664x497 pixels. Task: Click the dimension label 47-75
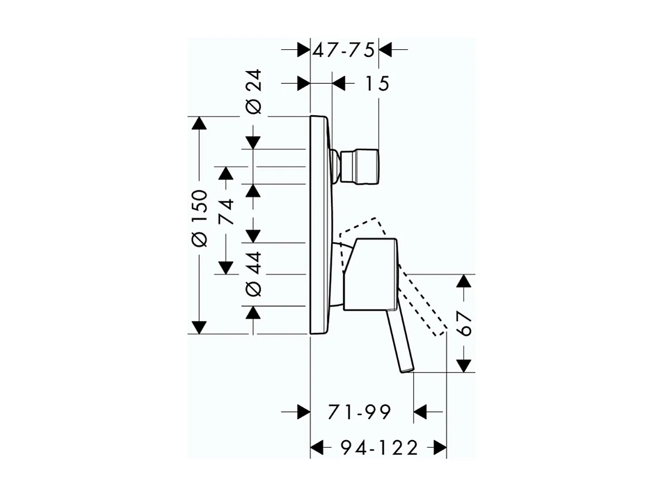[x=343, y=50]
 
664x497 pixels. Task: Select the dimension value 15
[x=376, y=84]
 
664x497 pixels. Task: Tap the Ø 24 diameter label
[x=253, y=92]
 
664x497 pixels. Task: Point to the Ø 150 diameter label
[x=199, y=218]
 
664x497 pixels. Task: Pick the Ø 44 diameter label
[x=253, y=273]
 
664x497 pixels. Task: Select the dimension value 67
[x=465, y=324]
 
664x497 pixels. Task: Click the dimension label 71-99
[x=359, y=412]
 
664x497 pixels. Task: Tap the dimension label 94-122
[x=378, y=448]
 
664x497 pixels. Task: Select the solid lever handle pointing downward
[x=400, y=342]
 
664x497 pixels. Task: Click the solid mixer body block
[x=370, y=274]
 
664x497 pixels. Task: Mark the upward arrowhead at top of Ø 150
[x=199, y=124]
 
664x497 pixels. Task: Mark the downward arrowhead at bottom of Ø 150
[x=199, y=327]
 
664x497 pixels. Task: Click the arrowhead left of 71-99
[x=302, y=412]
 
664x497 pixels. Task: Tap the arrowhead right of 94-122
[x=440, y=448]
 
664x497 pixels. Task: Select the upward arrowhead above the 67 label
[x=464, y=281]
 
